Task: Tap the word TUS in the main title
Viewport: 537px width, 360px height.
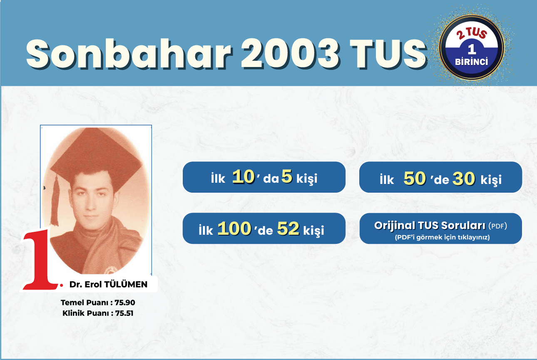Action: (x=388, y=54)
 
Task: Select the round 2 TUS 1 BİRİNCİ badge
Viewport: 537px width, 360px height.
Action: (x=472, y=47)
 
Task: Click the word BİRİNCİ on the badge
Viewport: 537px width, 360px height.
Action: (x=472, y=62)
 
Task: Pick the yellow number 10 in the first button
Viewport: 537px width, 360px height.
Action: (x=244, y=177)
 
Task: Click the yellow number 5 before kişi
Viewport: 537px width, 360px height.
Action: (x=287, y=176)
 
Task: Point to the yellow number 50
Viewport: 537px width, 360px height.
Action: (x=415, y=178)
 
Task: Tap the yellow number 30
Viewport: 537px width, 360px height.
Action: (x=464, y=179)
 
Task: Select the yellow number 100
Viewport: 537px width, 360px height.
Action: (x=234, y=228)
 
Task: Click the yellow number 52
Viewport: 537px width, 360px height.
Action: (x=288, y=228)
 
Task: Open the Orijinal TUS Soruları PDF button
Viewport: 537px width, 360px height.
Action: (x=440, y=228)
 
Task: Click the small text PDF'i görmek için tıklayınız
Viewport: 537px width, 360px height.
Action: (x=443, y=237)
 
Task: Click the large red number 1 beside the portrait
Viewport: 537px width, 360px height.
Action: (x=40, y=259)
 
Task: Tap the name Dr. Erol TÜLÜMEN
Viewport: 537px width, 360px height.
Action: (x=108, y=285)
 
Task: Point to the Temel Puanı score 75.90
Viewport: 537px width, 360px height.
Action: (x=125, y=303)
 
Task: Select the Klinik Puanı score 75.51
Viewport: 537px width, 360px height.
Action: (x=124, y=313)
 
